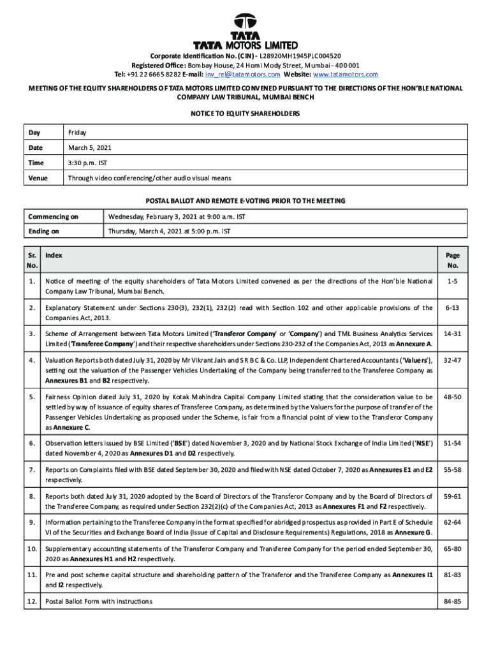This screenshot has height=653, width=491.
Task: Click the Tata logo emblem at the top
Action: (246, 23)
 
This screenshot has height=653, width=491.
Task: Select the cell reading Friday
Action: (78, 133)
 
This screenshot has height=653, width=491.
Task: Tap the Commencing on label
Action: (53, 217)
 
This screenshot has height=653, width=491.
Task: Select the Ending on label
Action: (44, 231)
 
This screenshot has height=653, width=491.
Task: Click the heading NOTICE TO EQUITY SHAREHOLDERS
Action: (246, 114)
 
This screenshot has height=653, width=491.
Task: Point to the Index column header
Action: (54, 255)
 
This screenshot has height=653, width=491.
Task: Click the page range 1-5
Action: (453, 281)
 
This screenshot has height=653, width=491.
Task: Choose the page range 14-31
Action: (453, 333)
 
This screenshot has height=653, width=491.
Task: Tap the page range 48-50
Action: (453, 397)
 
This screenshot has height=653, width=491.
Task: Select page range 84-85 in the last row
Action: (453, 601)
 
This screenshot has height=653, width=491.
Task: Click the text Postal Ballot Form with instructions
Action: (99, 601)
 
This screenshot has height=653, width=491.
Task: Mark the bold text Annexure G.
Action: (413, 532)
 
